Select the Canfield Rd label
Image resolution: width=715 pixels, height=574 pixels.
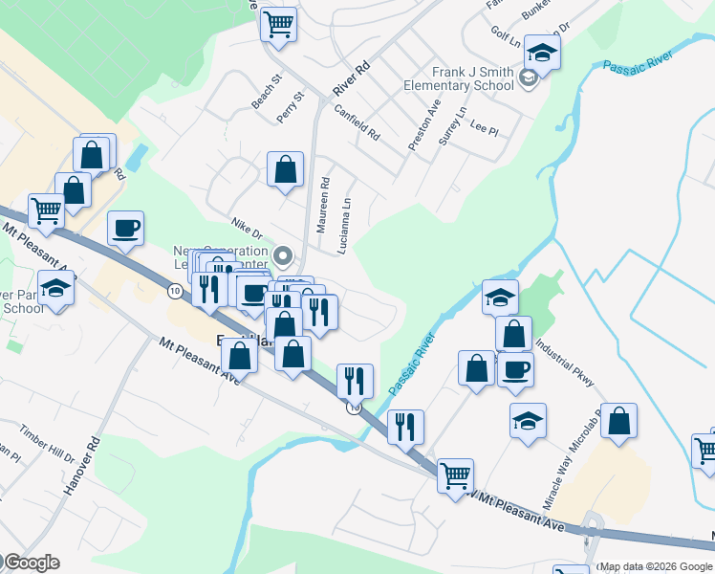tap(358, 120)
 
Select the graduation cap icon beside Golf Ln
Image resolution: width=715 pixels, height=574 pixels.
tap(542, 55)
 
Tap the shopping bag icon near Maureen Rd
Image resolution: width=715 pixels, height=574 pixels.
tap(285, 170)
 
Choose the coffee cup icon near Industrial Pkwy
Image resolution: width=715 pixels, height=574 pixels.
tap(515, 369)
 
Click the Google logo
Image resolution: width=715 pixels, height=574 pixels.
tap(31, 563)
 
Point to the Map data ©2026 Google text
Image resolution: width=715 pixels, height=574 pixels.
tap(655, 566)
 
